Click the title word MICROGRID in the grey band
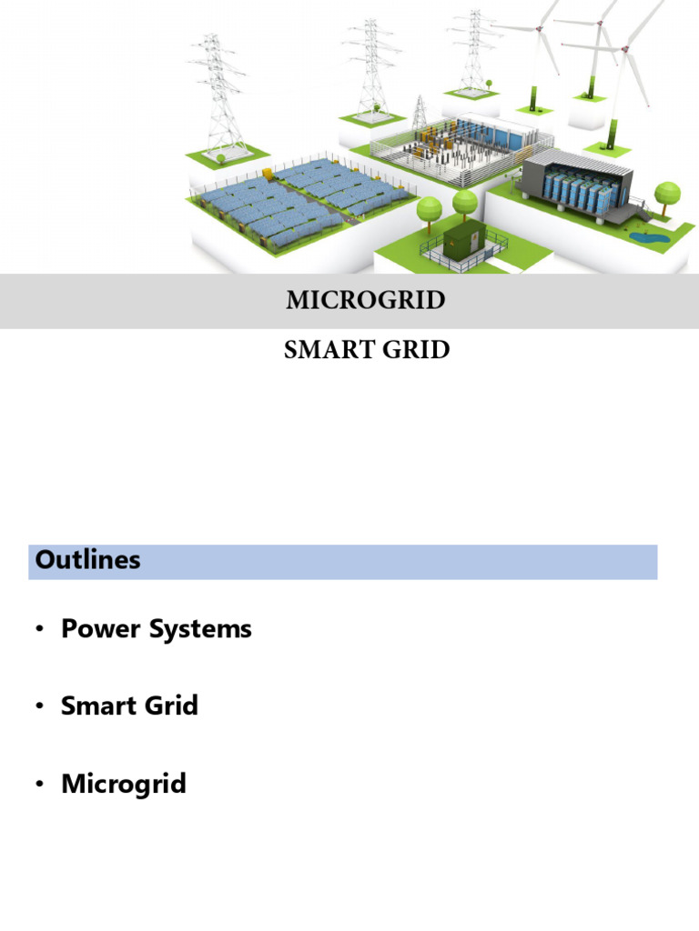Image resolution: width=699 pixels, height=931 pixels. (366, 300)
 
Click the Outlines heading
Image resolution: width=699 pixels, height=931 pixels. (87, 560)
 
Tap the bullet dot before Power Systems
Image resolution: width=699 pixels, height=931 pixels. (40, 630)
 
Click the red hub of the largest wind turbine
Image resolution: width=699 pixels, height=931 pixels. (539, 27)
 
